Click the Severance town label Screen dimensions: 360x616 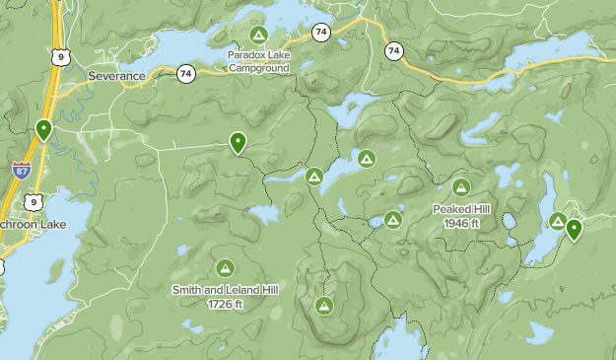pyautogui.click(x=116, y=75)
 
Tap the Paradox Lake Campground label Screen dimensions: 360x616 pyautogui.click(x=258, y=62)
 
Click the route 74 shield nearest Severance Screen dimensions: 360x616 pyautogui.click(x=186, y=73)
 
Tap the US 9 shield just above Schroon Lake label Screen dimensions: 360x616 pyautogui.click(x=34, y=201)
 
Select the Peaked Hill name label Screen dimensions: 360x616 pyautogui.click(x=461, y=209)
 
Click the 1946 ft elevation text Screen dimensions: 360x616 pyautogui.click(x=461, y=223)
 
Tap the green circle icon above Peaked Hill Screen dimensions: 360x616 pyautogui.click(x=461, y=186)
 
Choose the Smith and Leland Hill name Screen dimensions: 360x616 pyautogui.click(x=225, y=290)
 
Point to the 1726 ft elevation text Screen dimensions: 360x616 pyautogui.click(x=225, y=304)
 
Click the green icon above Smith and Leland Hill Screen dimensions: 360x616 pyautogui.click(x=225, y=267)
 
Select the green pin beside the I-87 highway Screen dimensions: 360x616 pyautogui.click(x=43, y=129)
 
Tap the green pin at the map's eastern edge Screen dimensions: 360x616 pyautogui.click(x=574, y=229)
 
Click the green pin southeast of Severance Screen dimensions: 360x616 pyautogui.click(x=238, y=143)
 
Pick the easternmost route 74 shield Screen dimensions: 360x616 pyautogui.click(x=394, y=50)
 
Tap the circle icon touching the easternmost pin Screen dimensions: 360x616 pyautogui.click(x=558, y=221)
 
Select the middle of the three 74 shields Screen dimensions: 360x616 pyautogui.click(x=321, y=33)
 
